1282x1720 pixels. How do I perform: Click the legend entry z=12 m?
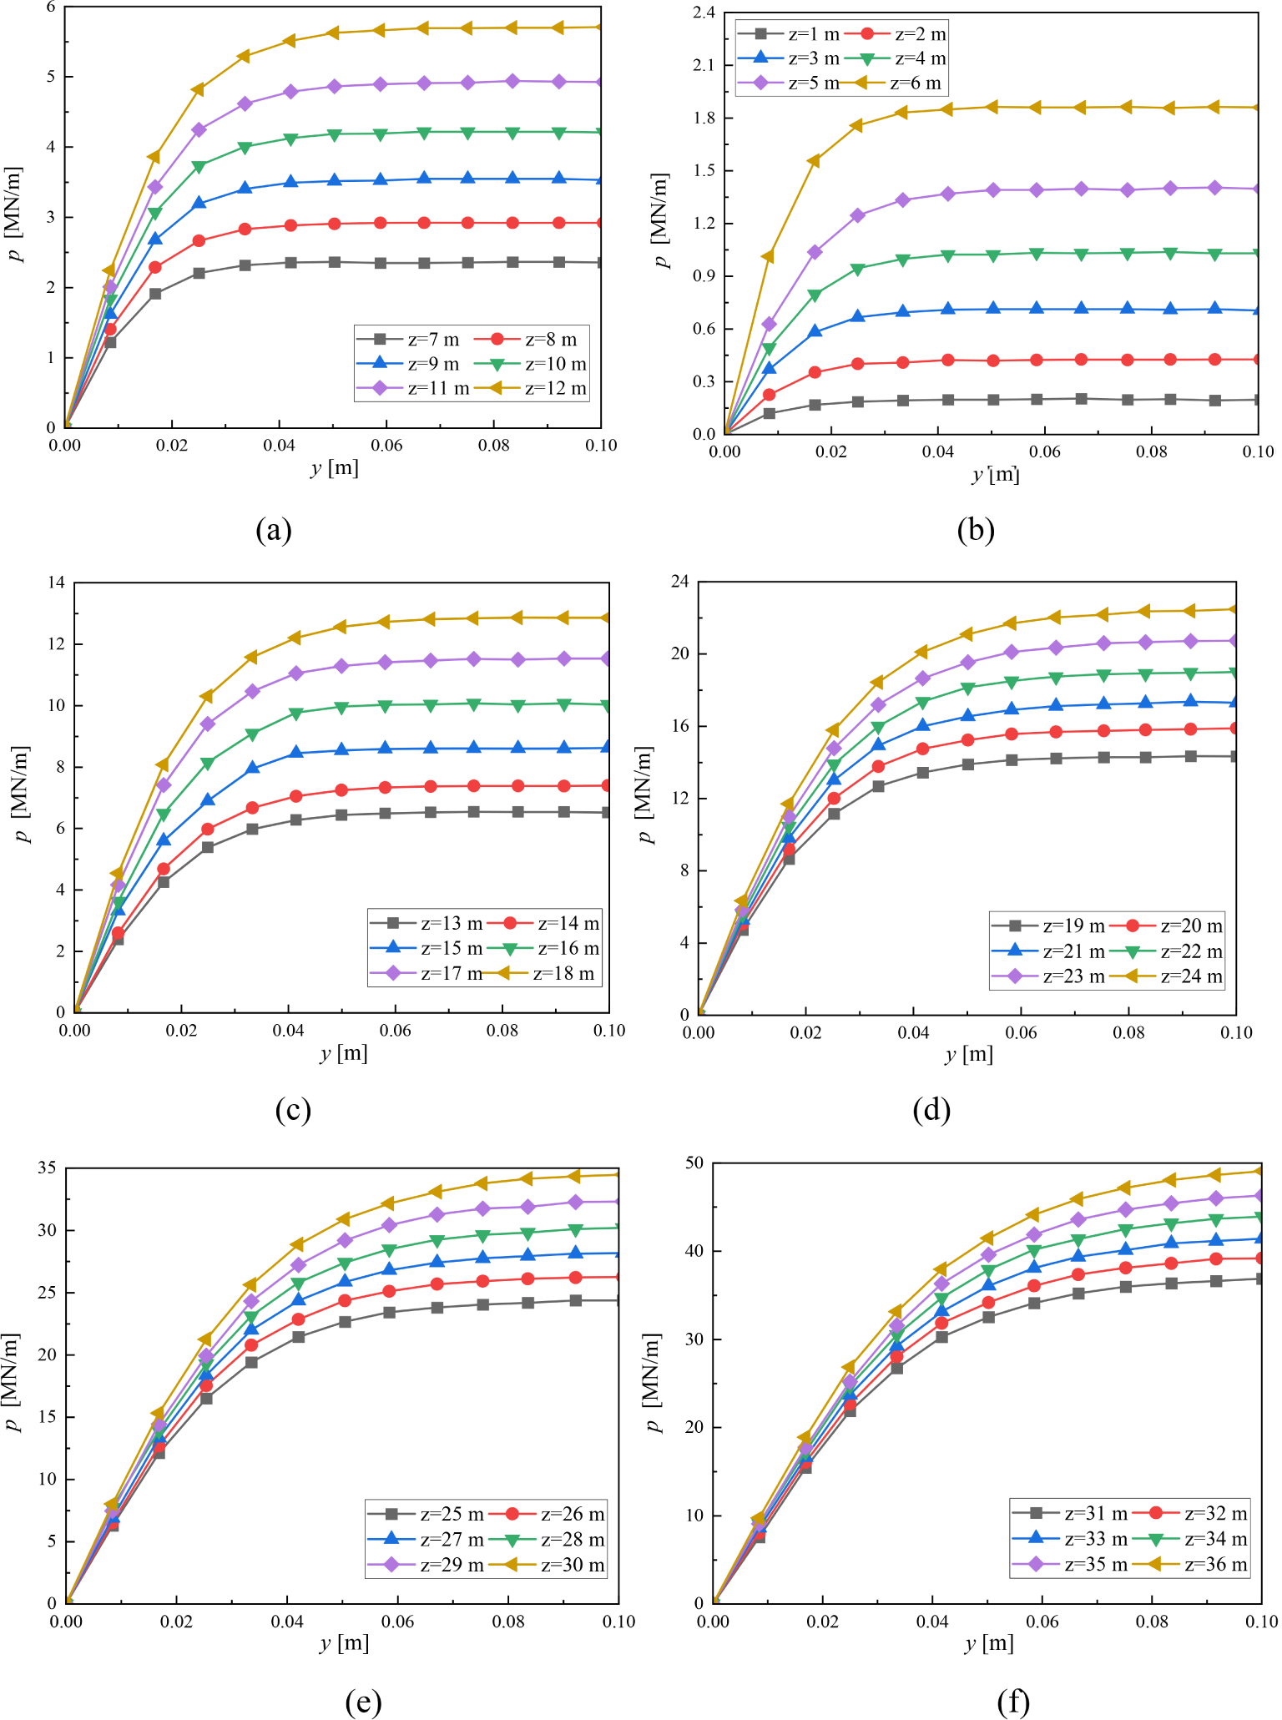555,388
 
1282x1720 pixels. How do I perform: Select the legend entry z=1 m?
813,34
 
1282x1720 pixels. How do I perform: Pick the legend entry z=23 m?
1073,976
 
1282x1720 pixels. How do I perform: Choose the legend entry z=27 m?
452,1539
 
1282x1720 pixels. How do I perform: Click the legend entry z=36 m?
1216,1564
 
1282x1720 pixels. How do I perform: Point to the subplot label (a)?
274,530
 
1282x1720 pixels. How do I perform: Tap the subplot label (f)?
1012,1701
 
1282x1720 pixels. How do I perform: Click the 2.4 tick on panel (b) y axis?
704,13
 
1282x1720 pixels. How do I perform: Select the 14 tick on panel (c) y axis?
56,583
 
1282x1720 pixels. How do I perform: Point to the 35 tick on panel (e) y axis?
47,1168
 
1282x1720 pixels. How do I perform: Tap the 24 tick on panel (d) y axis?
679,582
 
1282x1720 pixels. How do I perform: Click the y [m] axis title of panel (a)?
334,467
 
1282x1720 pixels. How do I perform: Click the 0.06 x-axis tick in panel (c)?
395,1031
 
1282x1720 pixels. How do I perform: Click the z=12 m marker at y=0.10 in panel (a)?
601,27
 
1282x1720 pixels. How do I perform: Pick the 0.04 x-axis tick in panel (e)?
287,1622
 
